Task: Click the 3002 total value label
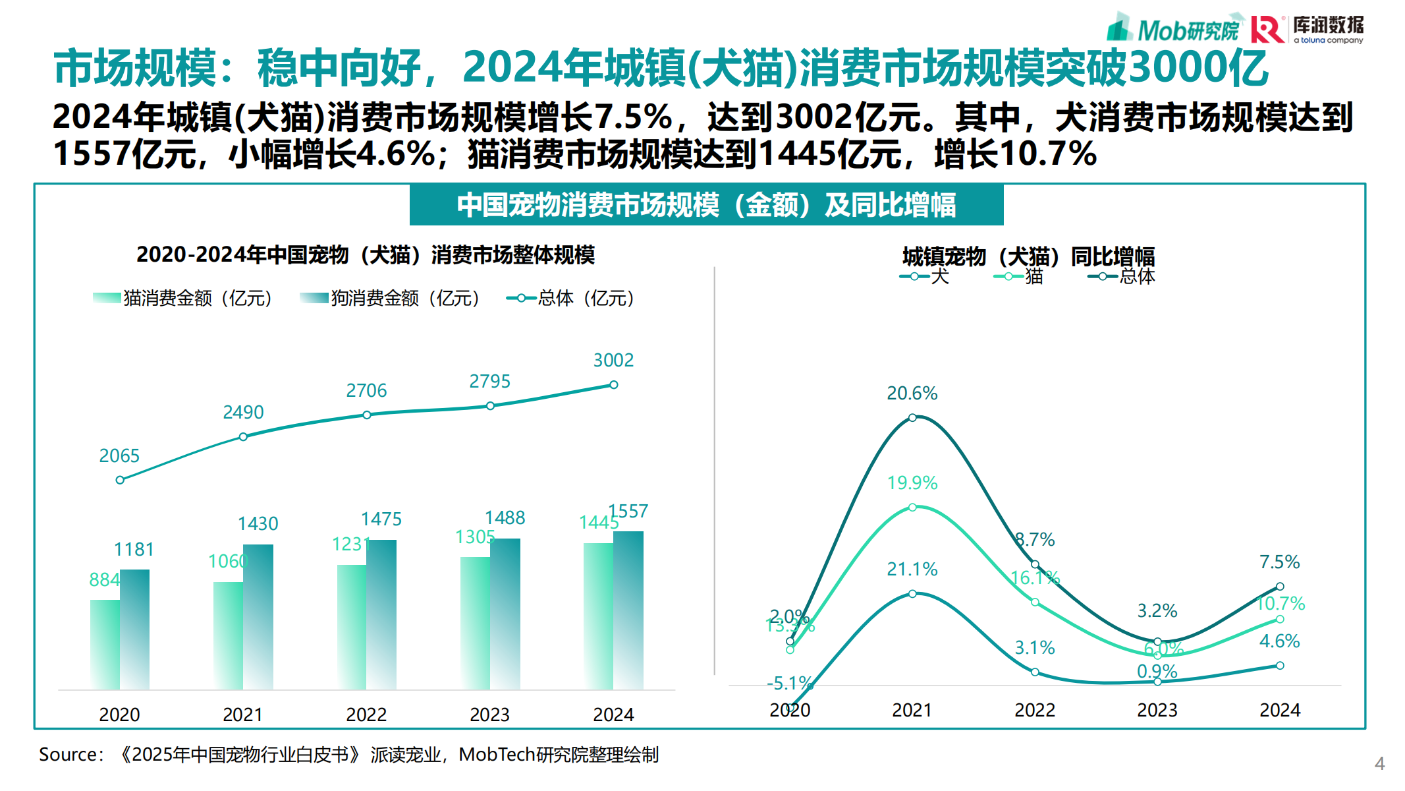click(x=613, y=360)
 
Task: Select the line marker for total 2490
click(x=243, y=436)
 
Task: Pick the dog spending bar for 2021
click(x=258, y=616)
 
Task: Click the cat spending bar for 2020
click(x=105, y=644)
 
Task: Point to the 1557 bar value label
click(x=628, y=511)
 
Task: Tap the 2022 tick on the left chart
click(x=366, y=715)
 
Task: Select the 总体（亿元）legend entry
click(x=571, y=299)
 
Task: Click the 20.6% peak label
click(x=912, y=394)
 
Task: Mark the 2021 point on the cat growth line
click(x=912, y=507)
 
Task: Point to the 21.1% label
click(x=912, y=569)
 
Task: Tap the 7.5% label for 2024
click(x=1279, y=562)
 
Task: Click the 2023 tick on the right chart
click(x=1157, y=710)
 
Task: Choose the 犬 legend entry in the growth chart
click(x=925, y=276)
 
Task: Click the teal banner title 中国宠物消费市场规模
click(x=706, y=205)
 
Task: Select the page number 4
click(x=1379, y=764)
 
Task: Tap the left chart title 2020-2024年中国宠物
click(x=365, y=255)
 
